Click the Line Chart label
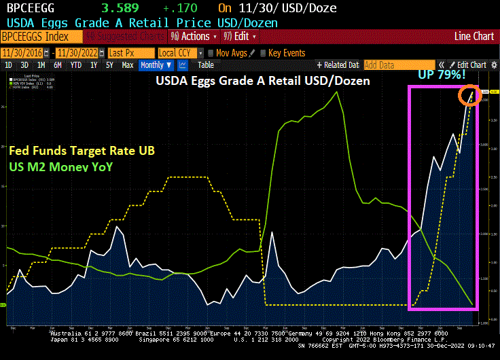point(474,36)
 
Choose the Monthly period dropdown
point(156,65)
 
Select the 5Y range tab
point(109,65)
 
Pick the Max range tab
point(127,65)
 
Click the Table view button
point(205,65)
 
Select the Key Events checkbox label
point(286,52)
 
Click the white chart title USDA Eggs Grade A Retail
point(263,82)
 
